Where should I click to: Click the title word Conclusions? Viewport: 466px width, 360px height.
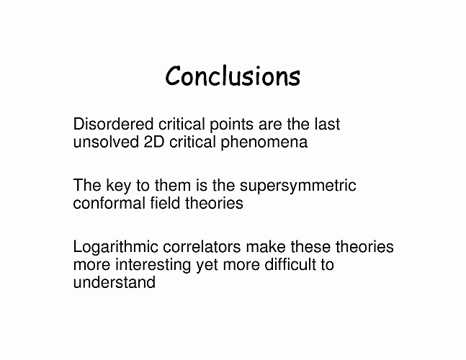tap(233, 76)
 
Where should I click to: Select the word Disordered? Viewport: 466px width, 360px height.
tap(113, 124)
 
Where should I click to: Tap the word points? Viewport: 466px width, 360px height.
tap(231, 125)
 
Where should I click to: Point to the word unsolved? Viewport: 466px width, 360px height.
tap(106, 142)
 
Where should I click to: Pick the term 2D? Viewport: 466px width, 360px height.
tap(154, 142)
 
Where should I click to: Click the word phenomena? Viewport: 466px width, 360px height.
tap(264, 143)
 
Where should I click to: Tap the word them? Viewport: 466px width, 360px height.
tap(173, 185)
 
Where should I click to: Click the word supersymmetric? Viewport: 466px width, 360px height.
tap(297, 186)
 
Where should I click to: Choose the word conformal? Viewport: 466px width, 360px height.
tap(109, 203)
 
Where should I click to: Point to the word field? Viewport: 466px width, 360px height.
tap(165, 203)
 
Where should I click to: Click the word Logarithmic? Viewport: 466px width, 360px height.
tap(115, 248)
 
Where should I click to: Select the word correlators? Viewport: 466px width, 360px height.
tap(202, 246)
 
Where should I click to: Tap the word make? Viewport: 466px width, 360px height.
tap(266, 246)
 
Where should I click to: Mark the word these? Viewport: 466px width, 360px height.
tap(310, 246)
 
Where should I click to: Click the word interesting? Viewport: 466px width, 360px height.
tap(153, 265)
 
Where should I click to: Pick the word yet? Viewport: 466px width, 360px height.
tap(207, 266)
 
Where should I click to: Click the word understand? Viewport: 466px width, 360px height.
tap(114, 282)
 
